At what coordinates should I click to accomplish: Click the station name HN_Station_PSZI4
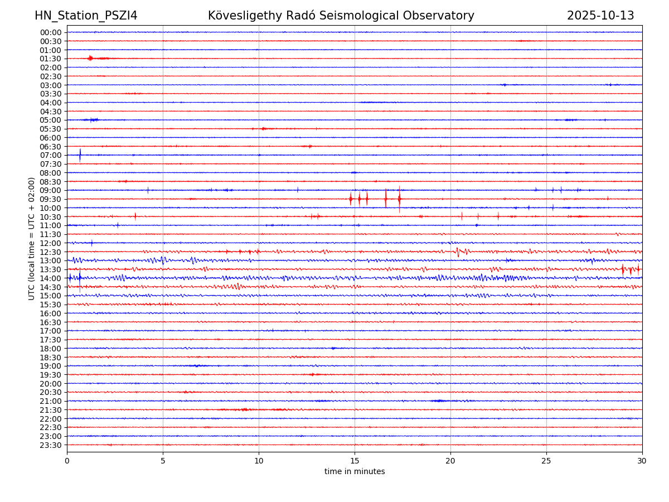[86, 16]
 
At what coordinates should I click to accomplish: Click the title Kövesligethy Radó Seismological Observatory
[341, 16]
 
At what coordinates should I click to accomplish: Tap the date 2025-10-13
[600, 16]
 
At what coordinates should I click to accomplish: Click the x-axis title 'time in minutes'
[355, 472]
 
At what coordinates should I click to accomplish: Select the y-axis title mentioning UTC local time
[32, 238]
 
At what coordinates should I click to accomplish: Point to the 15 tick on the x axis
[355, 461]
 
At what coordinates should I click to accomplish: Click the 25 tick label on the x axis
[546, 461]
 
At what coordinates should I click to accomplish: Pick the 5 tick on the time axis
[163, 461]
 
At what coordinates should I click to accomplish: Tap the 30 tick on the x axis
[642, 461]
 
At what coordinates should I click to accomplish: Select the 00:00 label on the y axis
[51, 32]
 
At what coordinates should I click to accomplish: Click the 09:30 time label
[51, 199]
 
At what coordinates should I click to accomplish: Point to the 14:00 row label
[51, 278]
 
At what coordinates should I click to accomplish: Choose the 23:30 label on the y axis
[51, 445]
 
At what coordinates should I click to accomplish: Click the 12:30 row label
[51, 252]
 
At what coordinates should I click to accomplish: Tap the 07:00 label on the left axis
[51, 155]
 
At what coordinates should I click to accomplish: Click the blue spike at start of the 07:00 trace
[80, 155]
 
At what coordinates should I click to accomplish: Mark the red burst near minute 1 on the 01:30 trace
[90, 58]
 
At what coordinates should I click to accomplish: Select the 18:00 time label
[51, 349]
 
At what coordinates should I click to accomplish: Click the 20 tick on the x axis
[450, 461]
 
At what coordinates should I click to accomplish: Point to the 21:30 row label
[51, 410]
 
